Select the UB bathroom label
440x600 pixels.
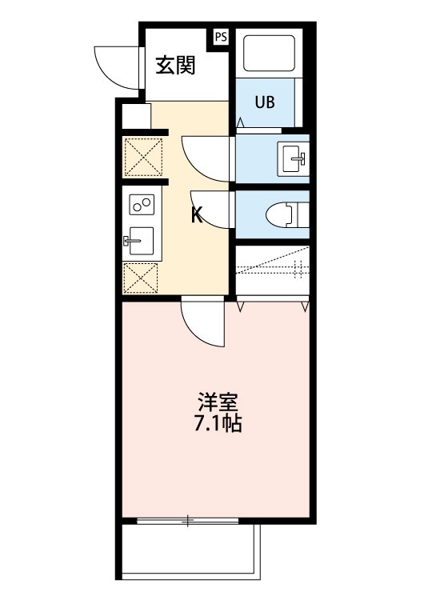[265, 102]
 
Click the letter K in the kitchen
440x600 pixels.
[196, 214]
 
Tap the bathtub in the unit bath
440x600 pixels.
[270, 54]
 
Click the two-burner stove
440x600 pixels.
[142, 206]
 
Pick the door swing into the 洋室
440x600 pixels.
[202, 322]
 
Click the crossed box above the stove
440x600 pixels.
[143, 158]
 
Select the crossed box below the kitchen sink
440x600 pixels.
[141, 277]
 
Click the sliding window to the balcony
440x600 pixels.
[188, 522]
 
